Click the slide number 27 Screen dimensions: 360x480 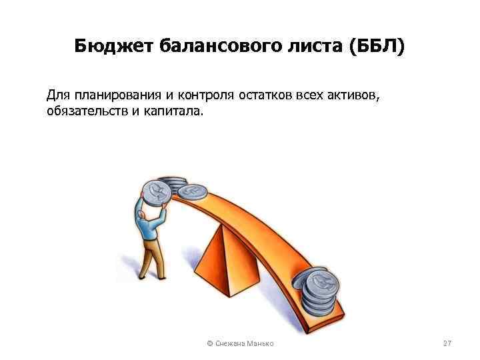click(x=447, y=343)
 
